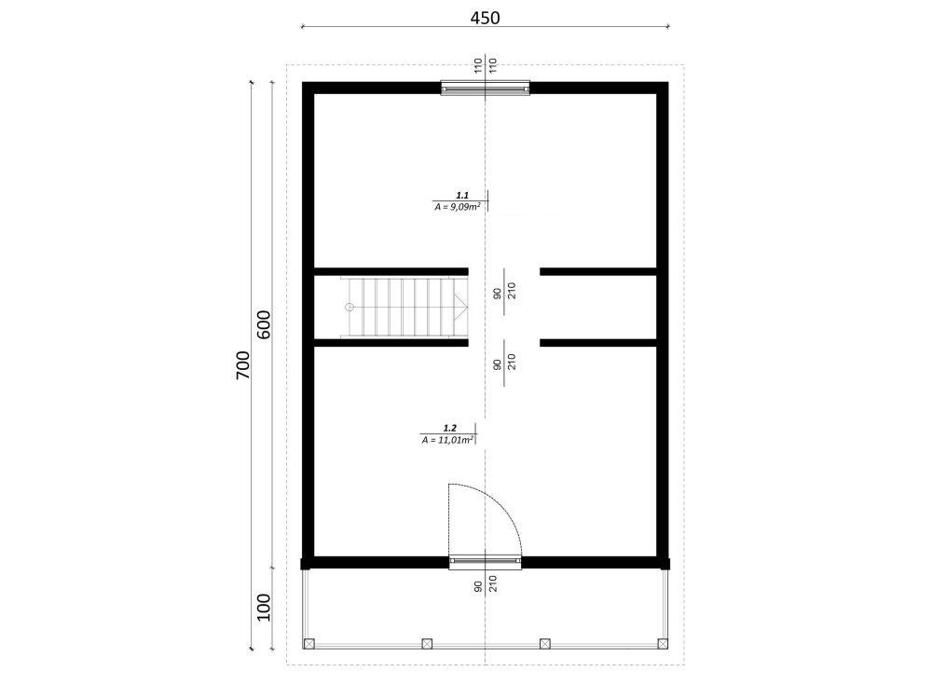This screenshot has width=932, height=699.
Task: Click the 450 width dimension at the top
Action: tap(485, 18)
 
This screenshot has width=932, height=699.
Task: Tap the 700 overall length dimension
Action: tap(243, 365)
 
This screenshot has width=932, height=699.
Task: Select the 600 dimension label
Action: tap(264, 324)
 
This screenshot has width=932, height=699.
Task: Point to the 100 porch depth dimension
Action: tap(264, 608)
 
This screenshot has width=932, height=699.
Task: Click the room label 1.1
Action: tap(462, 195)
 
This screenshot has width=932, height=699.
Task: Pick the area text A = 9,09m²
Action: tap(457, 206)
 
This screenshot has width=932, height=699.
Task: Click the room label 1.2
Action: tap(449, 428)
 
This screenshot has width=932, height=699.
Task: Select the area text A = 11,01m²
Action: tap(447, 440)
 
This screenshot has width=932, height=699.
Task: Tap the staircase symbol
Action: tap(404, 308)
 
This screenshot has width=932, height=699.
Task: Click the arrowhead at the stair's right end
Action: tap(462, 308)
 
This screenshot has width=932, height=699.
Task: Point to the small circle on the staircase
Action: tap(349, 308)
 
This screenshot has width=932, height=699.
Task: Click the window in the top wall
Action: tap(485, 89)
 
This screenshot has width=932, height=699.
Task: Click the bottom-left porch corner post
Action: tap(308, 644)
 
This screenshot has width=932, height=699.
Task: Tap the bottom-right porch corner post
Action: tap(663, 644)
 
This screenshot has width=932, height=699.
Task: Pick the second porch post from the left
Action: tap(427, 644)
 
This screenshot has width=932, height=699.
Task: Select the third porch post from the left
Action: tap(544, 644)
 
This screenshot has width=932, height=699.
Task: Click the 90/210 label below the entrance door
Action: tap(485, 585)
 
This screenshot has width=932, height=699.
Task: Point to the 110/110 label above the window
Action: tap(485, 65)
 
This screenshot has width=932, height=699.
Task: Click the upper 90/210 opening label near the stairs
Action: tap(504, 291)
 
